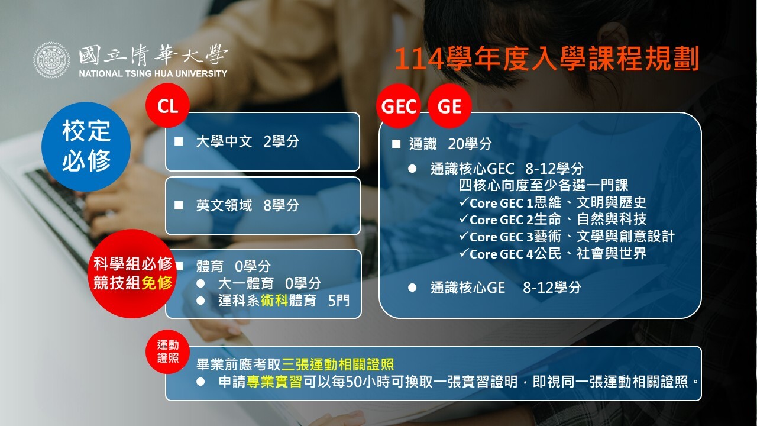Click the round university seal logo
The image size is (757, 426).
(51, 60)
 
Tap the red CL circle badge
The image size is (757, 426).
(167, 105)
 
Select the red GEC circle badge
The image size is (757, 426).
(399, 106)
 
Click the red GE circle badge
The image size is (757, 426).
(449, 106)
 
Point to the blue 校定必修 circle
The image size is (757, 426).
(86, 146)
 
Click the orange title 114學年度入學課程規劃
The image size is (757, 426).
(546, 59)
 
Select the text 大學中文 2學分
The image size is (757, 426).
(247, 141)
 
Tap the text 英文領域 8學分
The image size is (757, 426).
(247, 205)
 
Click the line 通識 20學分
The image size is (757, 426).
(450, 144)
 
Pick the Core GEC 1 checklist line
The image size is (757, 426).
(552, 202)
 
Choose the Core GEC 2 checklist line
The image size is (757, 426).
(552, 219)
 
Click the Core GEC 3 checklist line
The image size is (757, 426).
(567, 236)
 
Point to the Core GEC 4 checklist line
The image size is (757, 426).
(552, 253)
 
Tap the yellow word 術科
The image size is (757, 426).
(274, 300)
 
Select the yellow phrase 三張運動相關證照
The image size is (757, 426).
(338, 364)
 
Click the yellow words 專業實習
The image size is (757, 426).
(274, 382)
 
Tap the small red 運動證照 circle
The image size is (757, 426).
(167, 351)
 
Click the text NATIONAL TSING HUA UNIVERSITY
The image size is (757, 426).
(153, 73)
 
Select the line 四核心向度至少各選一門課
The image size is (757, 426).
(544, 185)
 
